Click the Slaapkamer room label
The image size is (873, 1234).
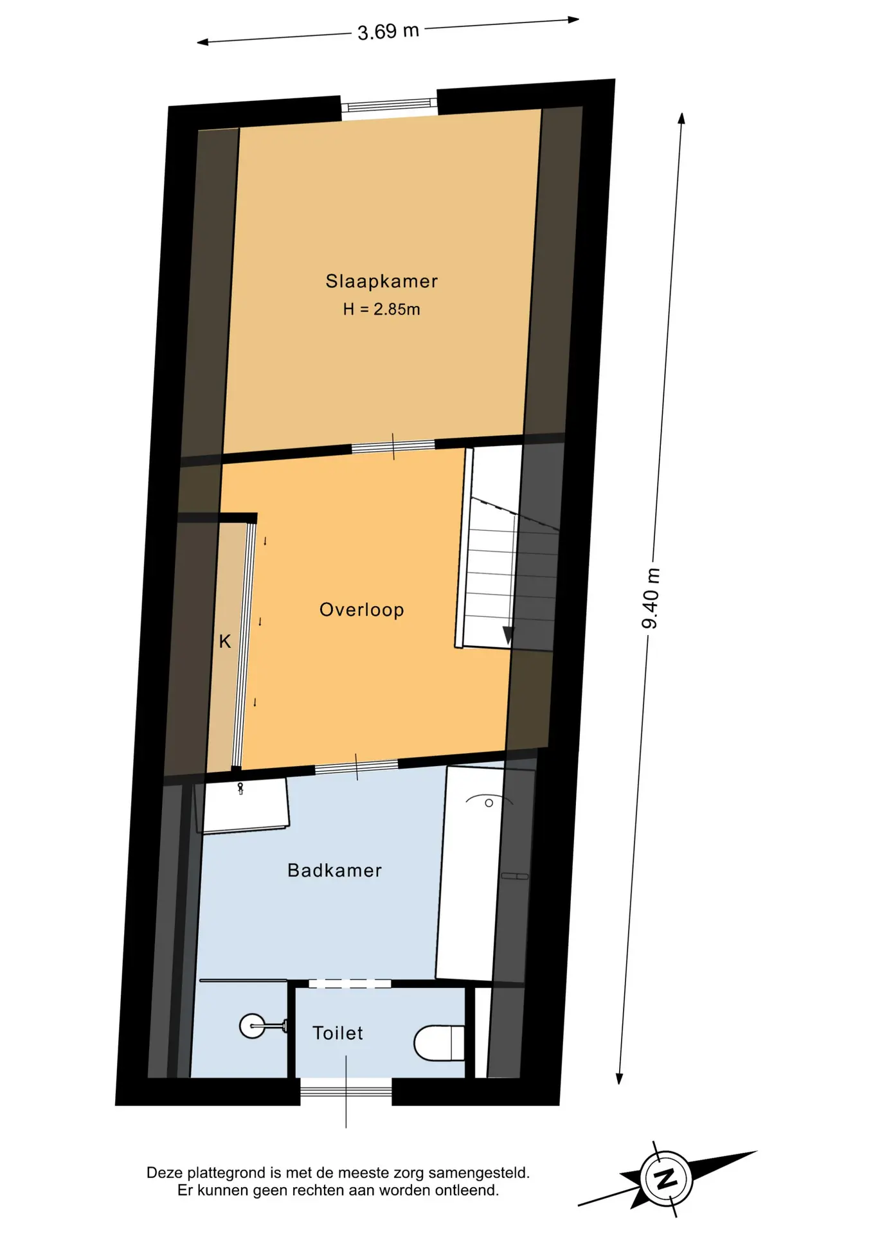pyautogui.click(x=381, y=281)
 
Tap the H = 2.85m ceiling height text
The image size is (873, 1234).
pyautogui.click(x=381, y=309)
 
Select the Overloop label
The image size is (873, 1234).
pyautogui.click(x=361, y=609)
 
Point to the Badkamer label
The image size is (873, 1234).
pyautogui.click(x=334, y=870)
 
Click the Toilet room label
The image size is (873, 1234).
pyautogui.click(x=337, y=1033)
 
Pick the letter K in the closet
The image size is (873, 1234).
pyautogui.click(x=224, y=641)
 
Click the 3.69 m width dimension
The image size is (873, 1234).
pyautogui.click(x=388, y=31)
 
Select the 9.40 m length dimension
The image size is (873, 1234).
pyautogui.click(x=651, y=598)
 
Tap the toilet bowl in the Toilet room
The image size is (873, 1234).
pyautogui.click(x=438, y=1042)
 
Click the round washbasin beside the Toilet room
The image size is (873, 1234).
pyautogui.click(x=252, y=1026)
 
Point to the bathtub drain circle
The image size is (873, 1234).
pyautogui.click(x=489, y=803)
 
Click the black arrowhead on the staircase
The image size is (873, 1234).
pyautogui.click(x=508, y=636)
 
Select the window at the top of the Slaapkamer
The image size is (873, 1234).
pyautogui.click(x=389, y=105)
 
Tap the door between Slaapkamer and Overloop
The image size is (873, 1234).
pyautogui.click(x=393, y=445)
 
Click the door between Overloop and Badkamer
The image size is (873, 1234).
pyautogui.click(x=356, y=766)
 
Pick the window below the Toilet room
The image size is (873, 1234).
pyautogui.click(x=346, y=1091)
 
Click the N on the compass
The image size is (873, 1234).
pyautogui.click(x=666, y=1179)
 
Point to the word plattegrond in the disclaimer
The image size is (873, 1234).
pyautogui.click(x=219, y=1173)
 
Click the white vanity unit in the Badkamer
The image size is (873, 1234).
pyautogui.click(x=246, y=806)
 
